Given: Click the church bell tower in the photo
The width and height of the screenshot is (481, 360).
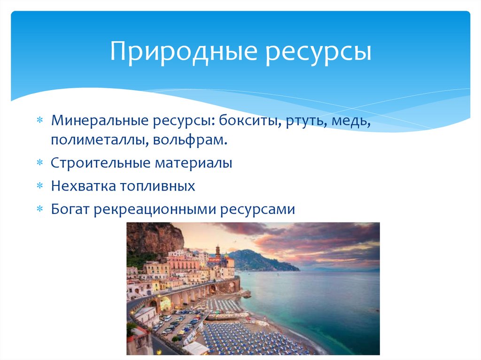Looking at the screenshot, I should (x=217, y=253).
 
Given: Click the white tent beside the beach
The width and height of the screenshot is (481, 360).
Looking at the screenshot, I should (x=195, y=348).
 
